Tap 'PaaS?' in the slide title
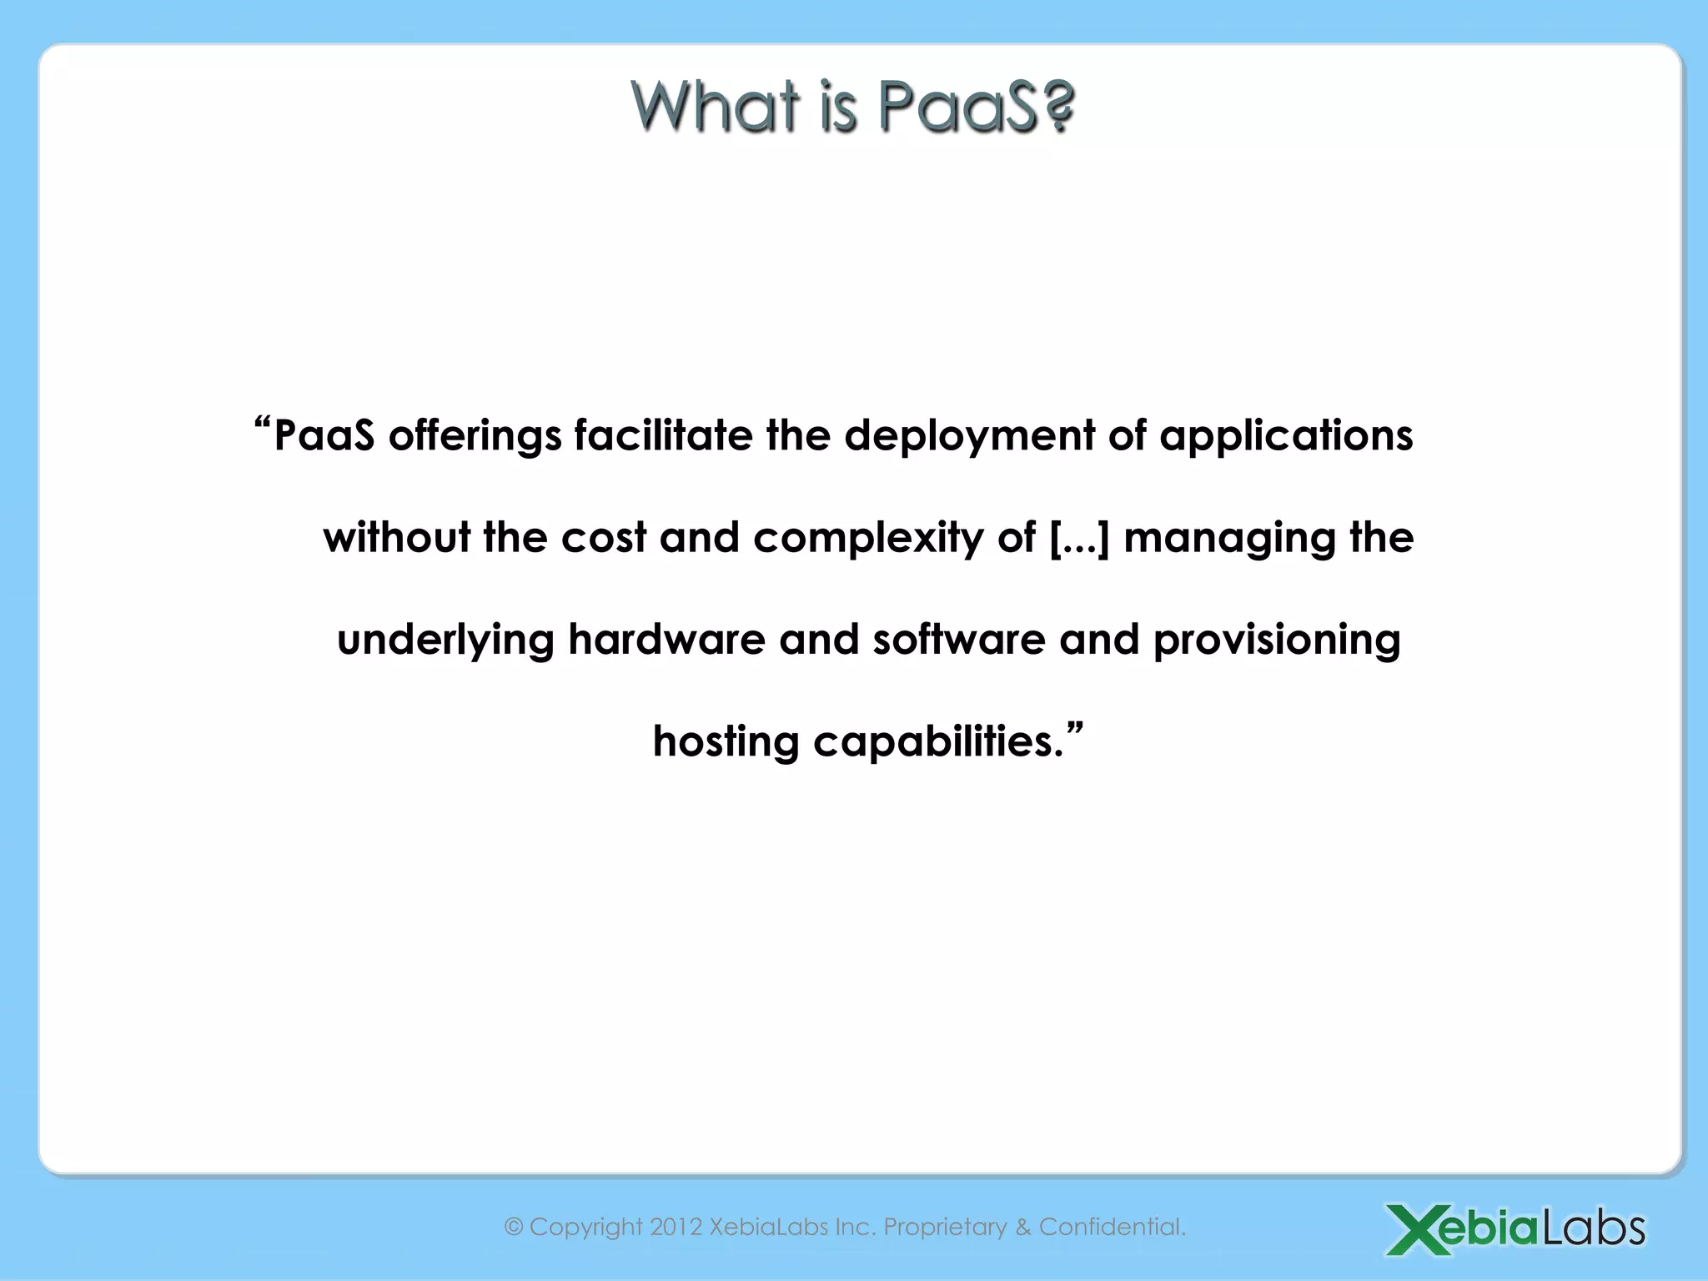pos(977,108)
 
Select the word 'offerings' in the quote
pos(475,436)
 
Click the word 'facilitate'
pos(663,435)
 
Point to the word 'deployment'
pos(969,436)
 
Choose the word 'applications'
pos(1286,436)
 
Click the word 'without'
pos(396,537)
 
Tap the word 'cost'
pos(604,537)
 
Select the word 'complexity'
pos(868,539)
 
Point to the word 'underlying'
pos(445,640)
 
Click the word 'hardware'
pos(666,640)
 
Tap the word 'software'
pos(959,640)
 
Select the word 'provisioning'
pos(1276,640)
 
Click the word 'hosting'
pos(726,741)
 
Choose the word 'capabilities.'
pos(939,741)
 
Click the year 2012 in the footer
pos(676,1227)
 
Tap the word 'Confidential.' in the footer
pos(1113,1227)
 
